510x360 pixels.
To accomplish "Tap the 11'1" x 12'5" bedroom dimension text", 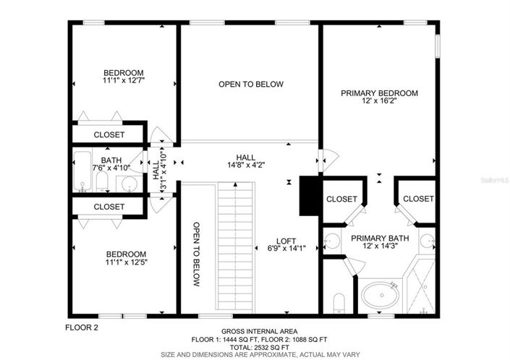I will coord(126,264).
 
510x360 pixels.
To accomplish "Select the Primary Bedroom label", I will coord(379,93).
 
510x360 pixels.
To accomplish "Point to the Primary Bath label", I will coord(380,237).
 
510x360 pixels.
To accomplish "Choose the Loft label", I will coord(286,241).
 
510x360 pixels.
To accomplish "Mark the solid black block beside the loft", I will coord(310,195).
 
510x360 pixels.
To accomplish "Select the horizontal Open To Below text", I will coord(250,85).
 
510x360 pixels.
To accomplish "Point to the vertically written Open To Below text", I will coord(196,254).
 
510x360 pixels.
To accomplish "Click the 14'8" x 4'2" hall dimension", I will coord(245,164).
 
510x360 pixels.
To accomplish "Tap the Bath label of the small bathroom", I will coord(111,160).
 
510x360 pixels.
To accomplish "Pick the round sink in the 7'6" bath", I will coord(129,184).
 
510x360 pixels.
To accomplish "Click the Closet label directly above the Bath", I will coord(109,135).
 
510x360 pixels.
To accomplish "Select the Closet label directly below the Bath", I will coord(109,207).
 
